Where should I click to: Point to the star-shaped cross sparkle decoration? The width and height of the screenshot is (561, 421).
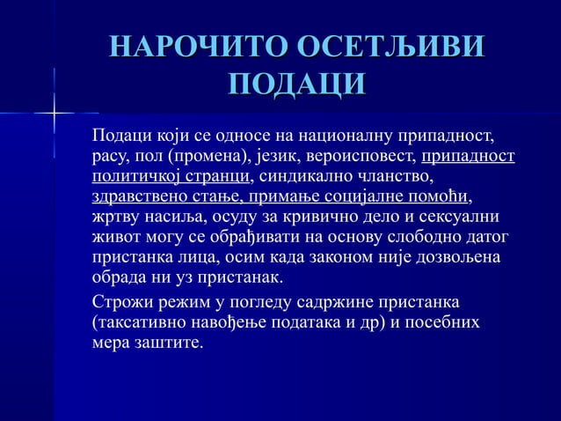[x=54, y=114]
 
